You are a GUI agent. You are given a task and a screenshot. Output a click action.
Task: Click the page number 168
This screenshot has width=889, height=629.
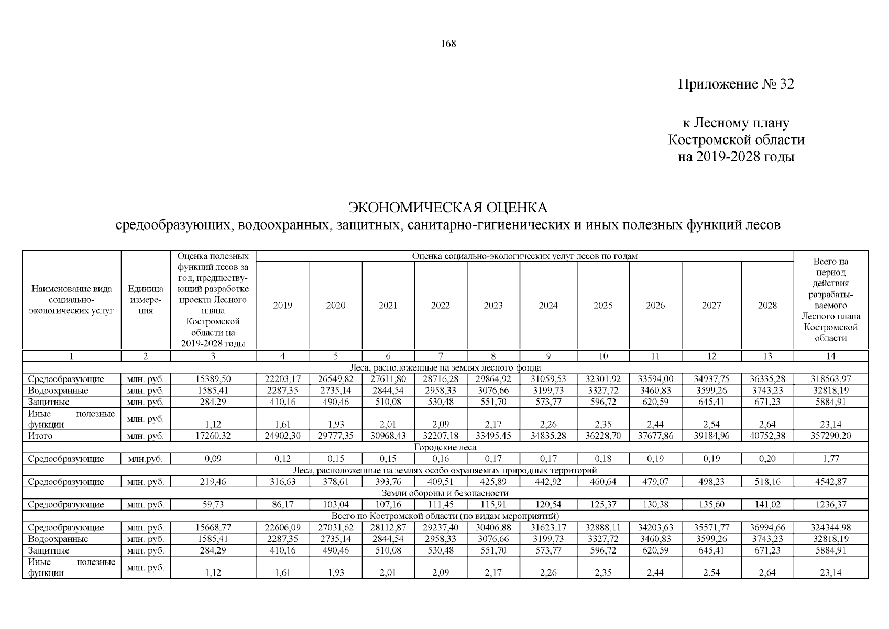(x=448, y=44)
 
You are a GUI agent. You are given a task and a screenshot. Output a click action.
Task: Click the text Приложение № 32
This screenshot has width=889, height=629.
(x=736, y=84)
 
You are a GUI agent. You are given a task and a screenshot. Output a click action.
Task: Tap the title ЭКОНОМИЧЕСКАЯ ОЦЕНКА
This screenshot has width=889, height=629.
(x=448, y=208)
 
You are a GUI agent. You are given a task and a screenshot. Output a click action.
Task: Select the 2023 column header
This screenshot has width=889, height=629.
(x=493, y=306)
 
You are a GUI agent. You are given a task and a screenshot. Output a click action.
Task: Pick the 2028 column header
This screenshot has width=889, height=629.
(x=767, y=306)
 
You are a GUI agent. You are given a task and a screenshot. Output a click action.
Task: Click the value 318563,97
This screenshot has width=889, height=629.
(x=830, y=379)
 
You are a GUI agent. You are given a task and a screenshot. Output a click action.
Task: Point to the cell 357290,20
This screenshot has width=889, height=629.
(x=830, y=436)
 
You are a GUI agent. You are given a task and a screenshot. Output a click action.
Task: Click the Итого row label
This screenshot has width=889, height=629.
(x=40, y=436)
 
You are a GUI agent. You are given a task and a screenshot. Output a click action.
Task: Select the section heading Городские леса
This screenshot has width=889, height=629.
(x=445, y=447)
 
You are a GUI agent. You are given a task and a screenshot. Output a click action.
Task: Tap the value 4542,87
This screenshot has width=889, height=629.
(x=830, y=482)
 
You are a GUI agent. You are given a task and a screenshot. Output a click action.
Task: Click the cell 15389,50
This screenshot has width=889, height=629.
(x=213, y=379)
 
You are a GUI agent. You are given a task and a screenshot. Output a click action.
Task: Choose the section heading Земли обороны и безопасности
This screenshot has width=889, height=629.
(x=445, y=493)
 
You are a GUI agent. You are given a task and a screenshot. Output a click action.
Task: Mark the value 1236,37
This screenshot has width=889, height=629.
(x=830, y=505)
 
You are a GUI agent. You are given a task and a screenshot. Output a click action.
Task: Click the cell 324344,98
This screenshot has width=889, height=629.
(x=830, y=528)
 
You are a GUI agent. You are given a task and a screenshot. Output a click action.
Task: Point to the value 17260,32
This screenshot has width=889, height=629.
(x=213, y=436)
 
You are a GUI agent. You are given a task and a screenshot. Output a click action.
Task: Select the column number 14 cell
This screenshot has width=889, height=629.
(x=830, y=356)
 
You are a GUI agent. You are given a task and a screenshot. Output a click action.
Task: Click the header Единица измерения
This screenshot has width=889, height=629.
(x=146, y=300)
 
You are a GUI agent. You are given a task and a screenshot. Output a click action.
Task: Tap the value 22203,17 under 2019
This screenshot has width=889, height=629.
(x=283, y=379)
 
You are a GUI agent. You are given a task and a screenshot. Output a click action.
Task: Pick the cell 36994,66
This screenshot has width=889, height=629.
(x=767, y=528)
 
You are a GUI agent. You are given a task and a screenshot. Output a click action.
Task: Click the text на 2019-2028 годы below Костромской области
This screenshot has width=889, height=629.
(x=736, y=157)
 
